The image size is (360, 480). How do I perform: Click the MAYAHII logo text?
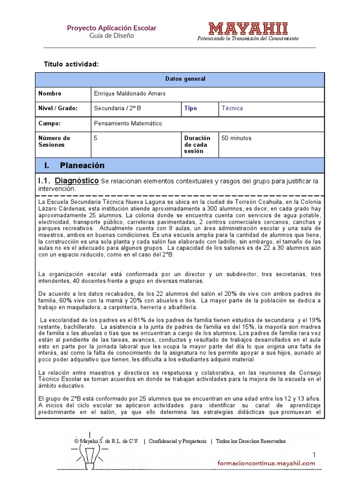248,29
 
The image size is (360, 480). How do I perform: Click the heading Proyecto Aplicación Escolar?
112,28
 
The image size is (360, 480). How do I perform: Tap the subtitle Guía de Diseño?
112,36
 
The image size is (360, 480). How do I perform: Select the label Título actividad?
71,64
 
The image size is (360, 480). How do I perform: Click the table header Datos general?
185,79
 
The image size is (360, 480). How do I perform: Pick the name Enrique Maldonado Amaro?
129,94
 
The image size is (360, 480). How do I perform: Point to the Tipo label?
190,108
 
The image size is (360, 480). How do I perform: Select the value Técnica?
232,108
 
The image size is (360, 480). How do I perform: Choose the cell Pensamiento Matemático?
127,124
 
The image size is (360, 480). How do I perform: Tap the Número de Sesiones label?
54,142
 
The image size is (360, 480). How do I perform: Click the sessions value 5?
96,138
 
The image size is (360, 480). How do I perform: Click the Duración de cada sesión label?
197,145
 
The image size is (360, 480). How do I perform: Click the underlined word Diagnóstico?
77,180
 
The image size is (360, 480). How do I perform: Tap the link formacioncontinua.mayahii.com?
266,463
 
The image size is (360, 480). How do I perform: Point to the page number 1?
314,455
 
